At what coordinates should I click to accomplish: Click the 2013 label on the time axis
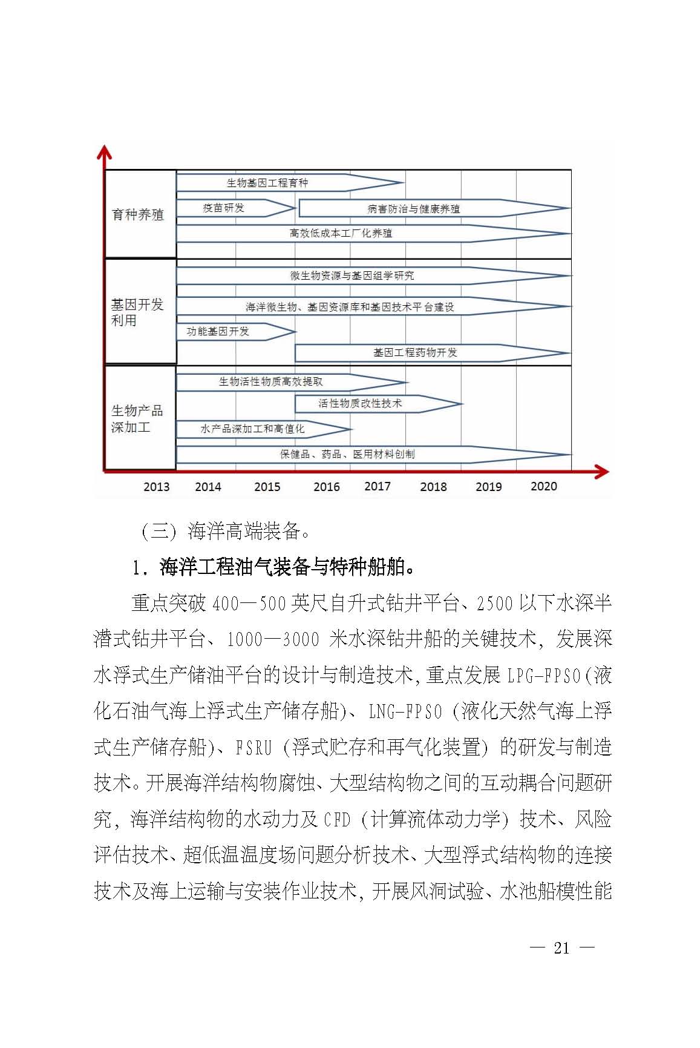(x=156, y=487)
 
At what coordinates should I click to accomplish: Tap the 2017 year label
(x=378, y=486)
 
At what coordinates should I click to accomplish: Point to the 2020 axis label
(x=543, y=486)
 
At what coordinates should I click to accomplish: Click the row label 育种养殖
(x=138, y=215)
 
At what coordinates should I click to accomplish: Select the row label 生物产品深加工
(x=137, y=418)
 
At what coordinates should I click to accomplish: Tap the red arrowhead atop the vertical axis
(x=105, y=152)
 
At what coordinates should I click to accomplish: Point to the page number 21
(x=561, y=948)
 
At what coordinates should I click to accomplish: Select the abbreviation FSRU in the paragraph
(x=254, y=748)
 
